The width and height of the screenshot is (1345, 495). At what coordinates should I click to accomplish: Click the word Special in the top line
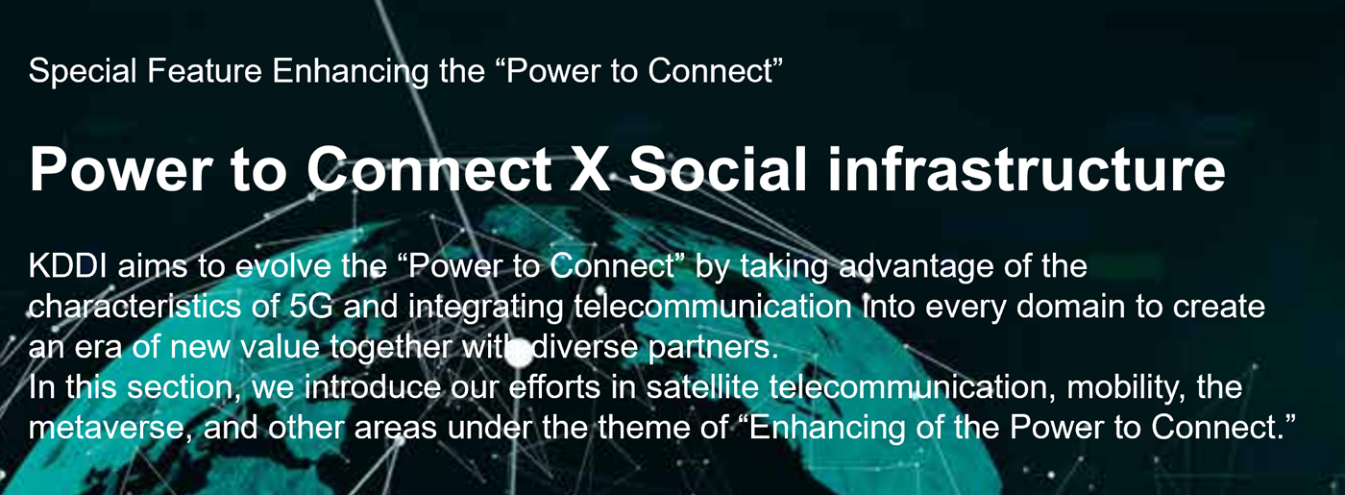pyautogui.click(x=83, y=71)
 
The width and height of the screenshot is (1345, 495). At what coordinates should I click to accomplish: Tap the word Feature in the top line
pyautogui.click(x=205, y=70)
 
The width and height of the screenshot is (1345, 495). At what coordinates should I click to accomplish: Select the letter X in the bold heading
pyautogui.click(x=590, y=169)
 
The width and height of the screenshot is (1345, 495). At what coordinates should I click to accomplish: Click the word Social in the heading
pyautogui.click(x=719, y=169)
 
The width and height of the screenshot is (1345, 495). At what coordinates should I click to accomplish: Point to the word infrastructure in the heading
pyautogui.click(x=1026, y=169)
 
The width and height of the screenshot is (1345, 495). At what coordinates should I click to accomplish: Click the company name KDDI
pyautogui.click(x=67, y=266)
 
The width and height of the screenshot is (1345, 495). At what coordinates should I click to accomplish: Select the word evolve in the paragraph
pyautogui.click(x=282, y=266)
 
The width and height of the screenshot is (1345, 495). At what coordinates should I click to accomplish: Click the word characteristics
pyautogui.click(x=135, y=307)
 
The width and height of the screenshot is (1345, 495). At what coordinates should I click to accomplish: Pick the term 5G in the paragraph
pyautogui.click(x=311, y=307)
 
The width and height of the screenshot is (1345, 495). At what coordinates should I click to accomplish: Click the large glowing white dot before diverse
pyautogui.click(x=519, y=356)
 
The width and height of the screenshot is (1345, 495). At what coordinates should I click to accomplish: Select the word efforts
pyautogui.click(x=554, y=386)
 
